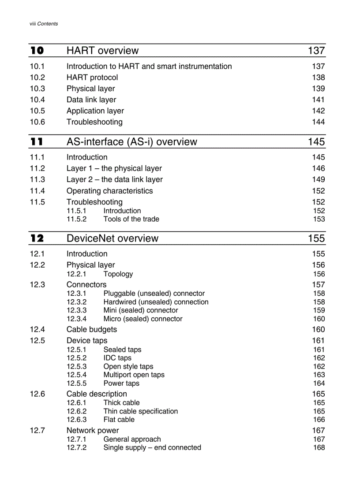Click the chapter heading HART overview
[102, 51]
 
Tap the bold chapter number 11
[37, 142]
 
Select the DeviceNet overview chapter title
[112, 238]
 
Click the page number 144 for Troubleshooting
[318, 122]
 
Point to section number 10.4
[37, 100]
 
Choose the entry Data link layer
[91, 100]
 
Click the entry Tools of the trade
[131, 219]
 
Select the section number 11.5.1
[76, 211]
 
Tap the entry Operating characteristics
[109, 191]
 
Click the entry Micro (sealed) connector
[142, 319]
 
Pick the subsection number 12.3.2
[76, 302]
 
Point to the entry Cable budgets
[92, 329]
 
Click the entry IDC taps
[117, 358]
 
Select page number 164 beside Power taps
[319, 383]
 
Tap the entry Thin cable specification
[140, 411]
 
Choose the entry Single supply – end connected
[152, 447]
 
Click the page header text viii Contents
[44, 24]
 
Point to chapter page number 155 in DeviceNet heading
[316, 238]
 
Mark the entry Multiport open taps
[134, 375]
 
